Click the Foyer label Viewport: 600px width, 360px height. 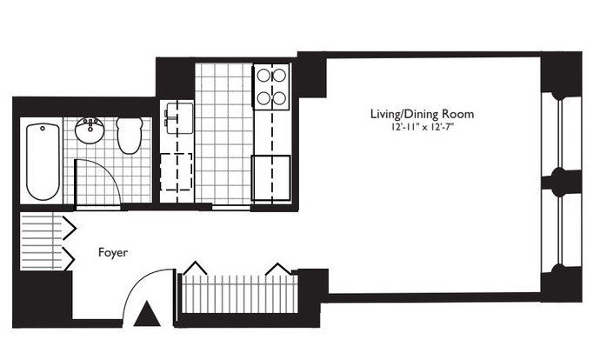(113, 252)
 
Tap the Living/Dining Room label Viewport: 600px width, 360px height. (422, 114)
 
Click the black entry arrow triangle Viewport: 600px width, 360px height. (147, 314)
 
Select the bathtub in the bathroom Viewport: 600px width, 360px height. (43, 161)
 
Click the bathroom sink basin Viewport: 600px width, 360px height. (90, 130)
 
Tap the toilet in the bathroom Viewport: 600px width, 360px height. (130, 136)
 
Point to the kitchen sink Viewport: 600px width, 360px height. (179, 117)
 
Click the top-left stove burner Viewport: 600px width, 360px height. (263, 76)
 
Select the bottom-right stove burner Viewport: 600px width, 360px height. (280, 98)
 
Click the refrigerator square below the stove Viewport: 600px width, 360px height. (270, 178)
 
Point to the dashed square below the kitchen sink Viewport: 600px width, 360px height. (176, 171)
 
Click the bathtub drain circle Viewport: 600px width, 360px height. (43, 128)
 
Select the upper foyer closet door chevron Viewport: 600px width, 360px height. (70, 229)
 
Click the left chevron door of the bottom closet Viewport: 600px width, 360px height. (195, 268)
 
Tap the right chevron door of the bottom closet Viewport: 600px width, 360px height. (278, 269)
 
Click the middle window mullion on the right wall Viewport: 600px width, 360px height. (561, 177)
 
